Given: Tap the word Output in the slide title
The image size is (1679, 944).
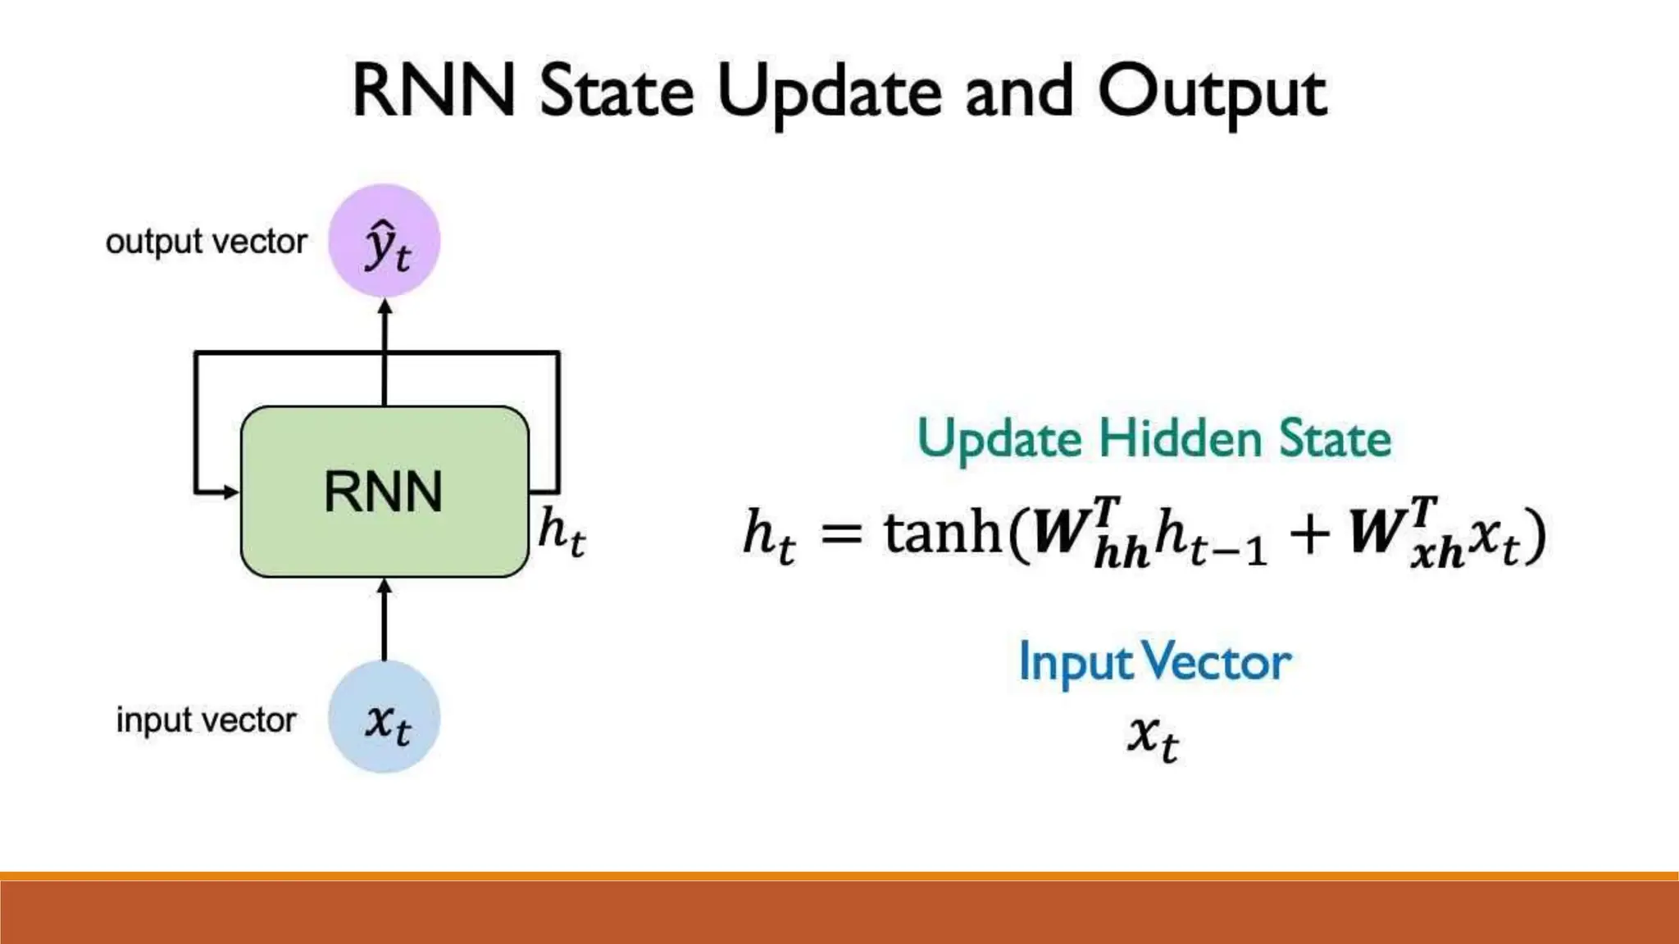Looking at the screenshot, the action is (1212, 92).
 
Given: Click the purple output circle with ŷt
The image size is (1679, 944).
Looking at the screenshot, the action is (384, 241).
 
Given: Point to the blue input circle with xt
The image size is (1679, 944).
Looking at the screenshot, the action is (384, 718).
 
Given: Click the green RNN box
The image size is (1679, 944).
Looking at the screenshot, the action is (384, 492).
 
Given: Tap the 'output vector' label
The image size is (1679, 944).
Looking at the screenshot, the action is (207, 242).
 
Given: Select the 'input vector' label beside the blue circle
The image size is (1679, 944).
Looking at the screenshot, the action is (206, 720).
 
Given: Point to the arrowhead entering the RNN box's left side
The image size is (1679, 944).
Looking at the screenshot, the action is (231, 492).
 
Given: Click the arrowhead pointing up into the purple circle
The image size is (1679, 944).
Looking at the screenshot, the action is (384, 306).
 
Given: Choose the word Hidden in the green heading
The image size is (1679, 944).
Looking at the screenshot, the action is (1180, 438).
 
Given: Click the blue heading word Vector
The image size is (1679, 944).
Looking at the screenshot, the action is (1217, 661).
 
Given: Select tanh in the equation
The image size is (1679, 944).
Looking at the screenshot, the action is (943, 533).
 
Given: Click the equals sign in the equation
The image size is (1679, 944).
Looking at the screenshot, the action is (841, 534).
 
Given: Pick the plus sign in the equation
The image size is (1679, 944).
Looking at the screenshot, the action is (1309, 535).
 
